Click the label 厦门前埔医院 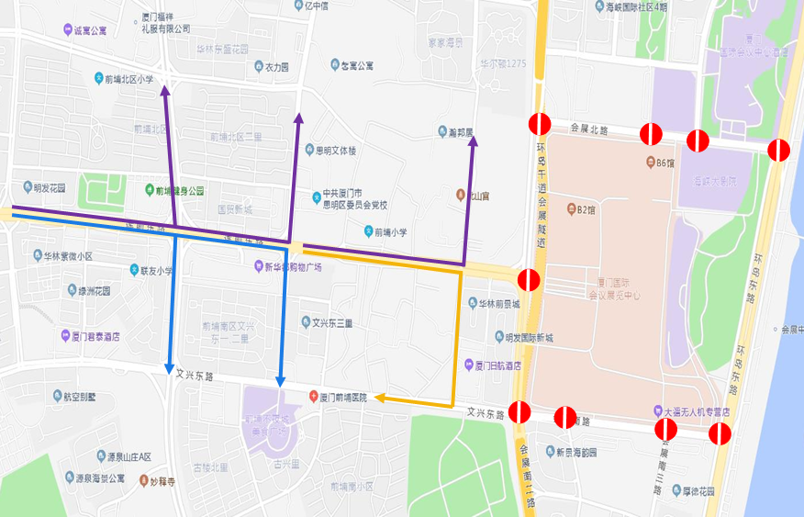coord(343,398)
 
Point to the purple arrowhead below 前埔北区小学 coord(164,90)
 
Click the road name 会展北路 coord(588,129)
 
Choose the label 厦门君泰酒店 coord(95,336)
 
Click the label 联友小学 coord(155,271)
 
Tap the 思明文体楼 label coord(336,151)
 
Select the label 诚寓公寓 coord(89,30)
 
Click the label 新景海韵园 coord(576,452)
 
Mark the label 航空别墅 coord(99,398)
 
